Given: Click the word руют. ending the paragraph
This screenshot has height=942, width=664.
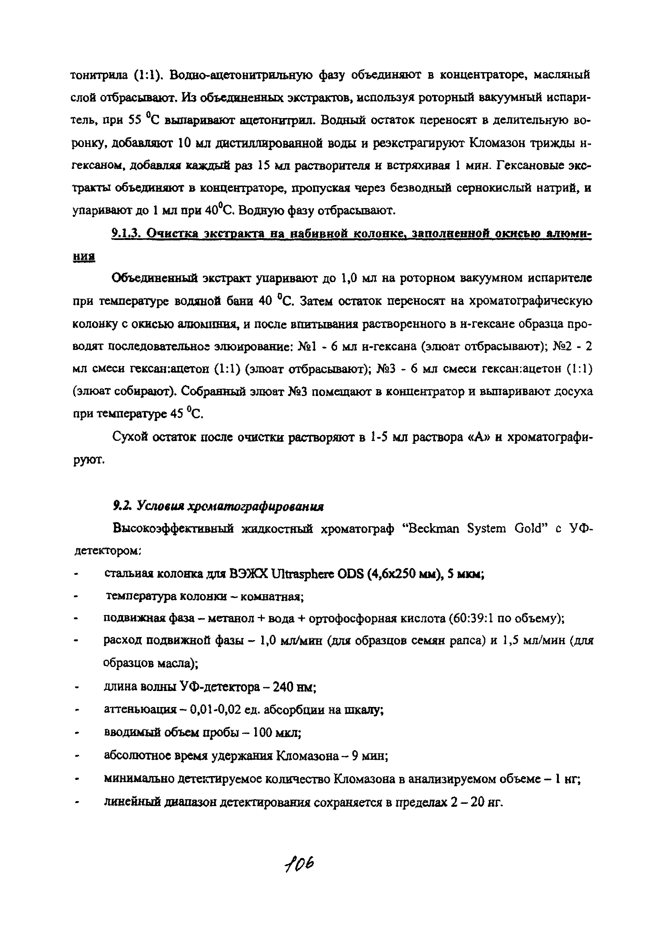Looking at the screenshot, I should click(x=88, y=461).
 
